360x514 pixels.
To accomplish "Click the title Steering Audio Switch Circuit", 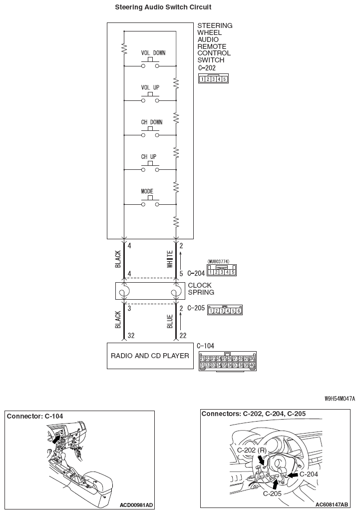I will (163, 7).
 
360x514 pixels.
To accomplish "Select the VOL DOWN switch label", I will (153, 53).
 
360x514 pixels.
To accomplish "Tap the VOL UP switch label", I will (150, 87).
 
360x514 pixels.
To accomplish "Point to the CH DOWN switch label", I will (151, 122).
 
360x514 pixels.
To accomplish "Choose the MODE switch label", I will (147, 191).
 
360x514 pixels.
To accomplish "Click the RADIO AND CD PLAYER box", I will (150, 356).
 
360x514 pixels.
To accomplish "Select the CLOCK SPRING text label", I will (201, 289).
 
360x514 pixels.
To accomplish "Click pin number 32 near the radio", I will (131, 336).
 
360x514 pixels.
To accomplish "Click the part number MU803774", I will (218, 261).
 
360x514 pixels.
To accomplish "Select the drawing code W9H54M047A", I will (340, 399).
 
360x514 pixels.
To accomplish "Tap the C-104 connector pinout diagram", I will (228, 362).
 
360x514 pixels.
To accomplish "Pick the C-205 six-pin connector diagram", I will (225, 311).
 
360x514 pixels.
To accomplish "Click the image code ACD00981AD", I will (136, 505).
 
